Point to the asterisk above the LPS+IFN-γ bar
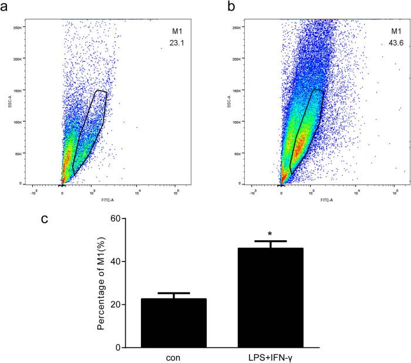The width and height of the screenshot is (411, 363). click(270, 234)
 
